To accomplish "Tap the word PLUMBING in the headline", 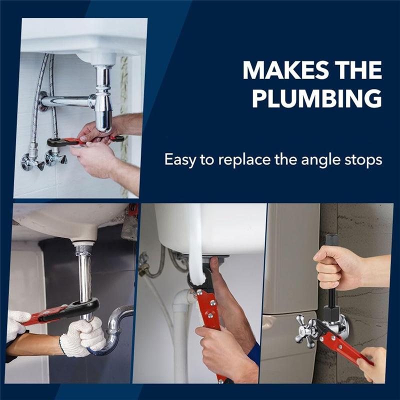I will pos(316,99).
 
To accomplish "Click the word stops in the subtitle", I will pos(364,160).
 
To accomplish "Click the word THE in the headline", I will pos(356,70).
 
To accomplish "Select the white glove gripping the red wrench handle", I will pos(17,322).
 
